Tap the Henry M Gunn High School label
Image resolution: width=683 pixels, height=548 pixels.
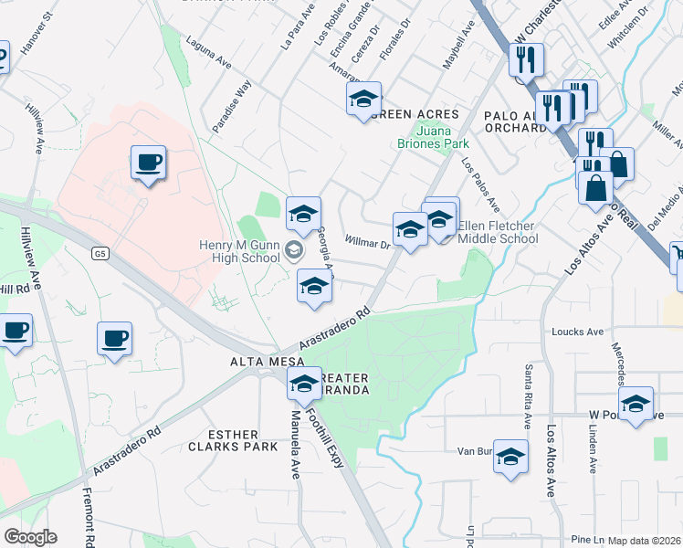pyautogui.click(x=240, y=250)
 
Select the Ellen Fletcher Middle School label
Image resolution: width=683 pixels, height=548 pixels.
pyautogui.click(x=498, y=232)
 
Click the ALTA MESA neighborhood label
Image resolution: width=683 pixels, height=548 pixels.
pyautogui.click(x=260, y=364)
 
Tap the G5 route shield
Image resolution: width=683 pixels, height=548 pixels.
pyautogui.click(x=100, y=255)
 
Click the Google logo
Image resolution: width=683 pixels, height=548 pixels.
pyautogui.click(x=30, y=537)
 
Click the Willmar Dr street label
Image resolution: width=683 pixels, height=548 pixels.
pyautogui.click(x=367, y=242)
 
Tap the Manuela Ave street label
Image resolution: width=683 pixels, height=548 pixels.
pyautogui.click(x=295, y=443)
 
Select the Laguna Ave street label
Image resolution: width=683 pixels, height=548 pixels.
pyautogui.click(x=208, y=51)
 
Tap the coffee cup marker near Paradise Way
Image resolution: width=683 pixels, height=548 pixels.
pyautogui.click(x=148, y=163)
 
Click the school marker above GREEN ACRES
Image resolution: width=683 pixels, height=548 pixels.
pyautogui.click(x=363, y=99)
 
